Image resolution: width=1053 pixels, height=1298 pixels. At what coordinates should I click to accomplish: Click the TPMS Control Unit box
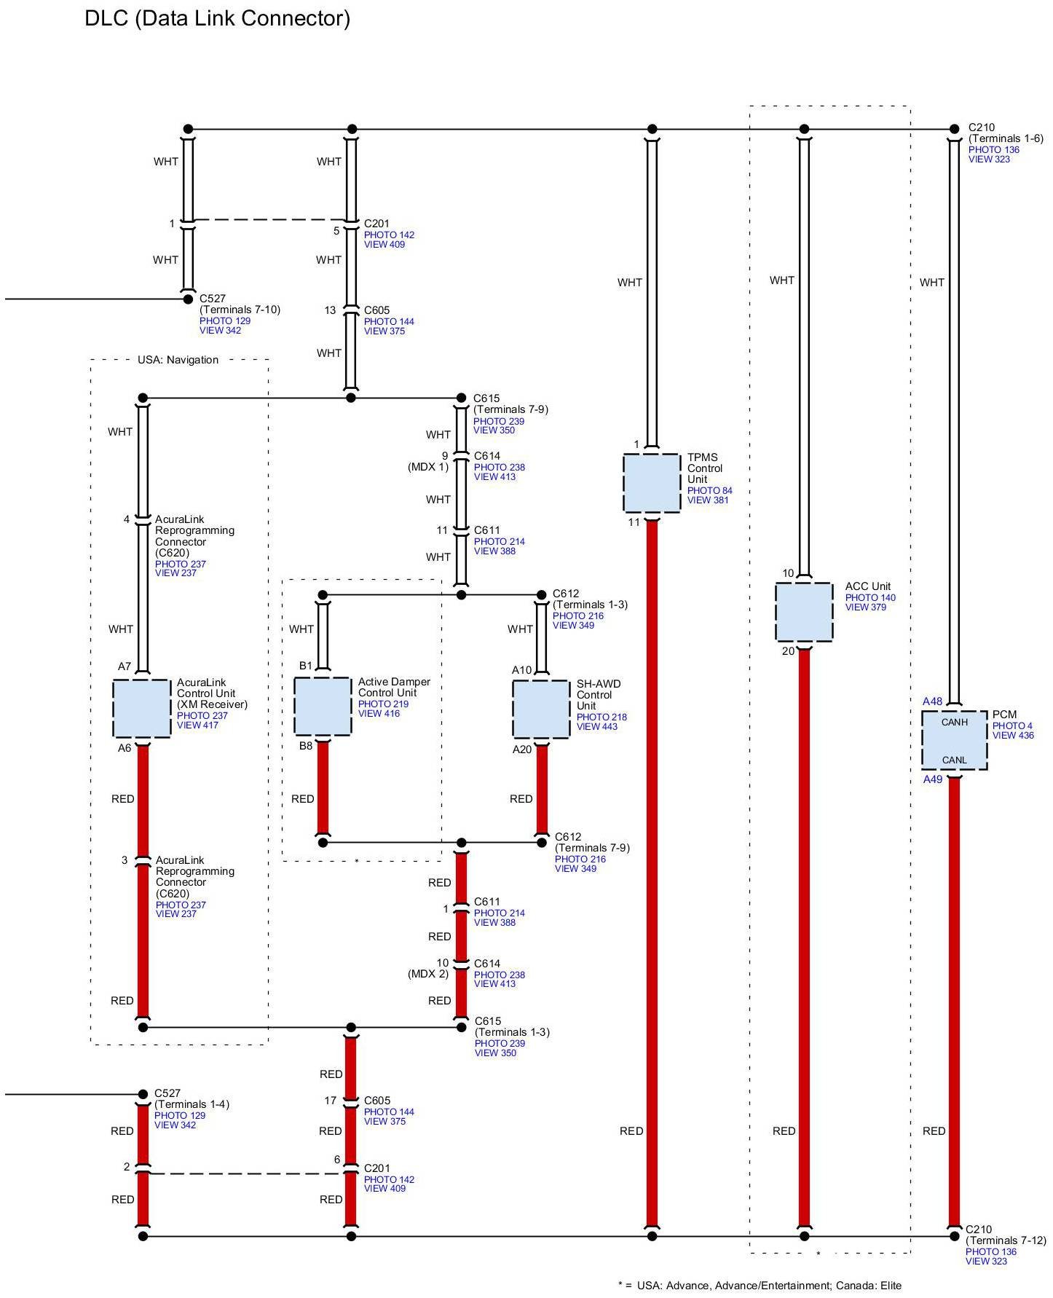pyautogui.click(x=652, y=483)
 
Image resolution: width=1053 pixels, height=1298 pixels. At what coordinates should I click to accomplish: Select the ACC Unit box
pyautogui.click(x=804, y=612)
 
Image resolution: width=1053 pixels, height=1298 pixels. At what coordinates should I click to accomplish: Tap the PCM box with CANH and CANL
pyautogui.click(x=955, y=740)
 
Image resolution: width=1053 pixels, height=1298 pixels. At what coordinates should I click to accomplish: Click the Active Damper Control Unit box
pyautogui.click(x=323, y=707)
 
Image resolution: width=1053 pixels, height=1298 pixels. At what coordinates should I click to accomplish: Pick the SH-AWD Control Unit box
pyautogui.click(x=541, y=709)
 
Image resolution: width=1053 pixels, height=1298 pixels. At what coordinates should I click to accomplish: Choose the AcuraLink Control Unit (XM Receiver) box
pyautogui.click(x=142, y=709)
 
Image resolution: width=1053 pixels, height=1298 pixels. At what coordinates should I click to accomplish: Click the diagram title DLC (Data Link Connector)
pyautogui.click(x=218, y=18)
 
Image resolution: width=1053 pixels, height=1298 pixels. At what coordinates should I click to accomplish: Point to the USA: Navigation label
pyautogui.click(x=178, y=360)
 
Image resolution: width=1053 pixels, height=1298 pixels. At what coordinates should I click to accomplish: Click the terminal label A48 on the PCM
pyautogui.click(x=933, y=701)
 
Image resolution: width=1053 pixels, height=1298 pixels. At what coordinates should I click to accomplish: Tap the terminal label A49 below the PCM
pyautogui.click(x=933, y=779)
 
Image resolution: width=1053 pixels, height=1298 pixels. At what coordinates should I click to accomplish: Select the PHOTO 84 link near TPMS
pyautogui.click(x=710, y=491)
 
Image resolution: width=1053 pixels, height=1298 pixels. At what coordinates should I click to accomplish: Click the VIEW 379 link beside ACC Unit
pyautogui.click(x=866, y=607)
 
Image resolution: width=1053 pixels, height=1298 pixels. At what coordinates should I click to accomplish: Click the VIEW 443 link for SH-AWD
pyautogui.click(x=597, y=727)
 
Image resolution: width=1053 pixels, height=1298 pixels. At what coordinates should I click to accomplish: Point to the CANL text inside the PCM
pyautogui.click(x=955, y=760)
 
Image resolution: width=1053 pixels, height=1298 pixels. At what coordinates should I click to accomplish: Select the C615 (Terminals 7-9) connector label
pyautogui.click(x=510, y=404)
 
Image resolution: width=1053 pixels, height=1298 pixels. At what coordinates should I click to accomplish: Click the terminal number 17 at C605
pyautogui.click(x=331, y=1101)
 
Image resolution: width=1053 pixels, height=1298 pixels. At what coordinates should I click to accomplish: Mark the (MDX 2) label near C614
pyautogui.click(x=428, y=975)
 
